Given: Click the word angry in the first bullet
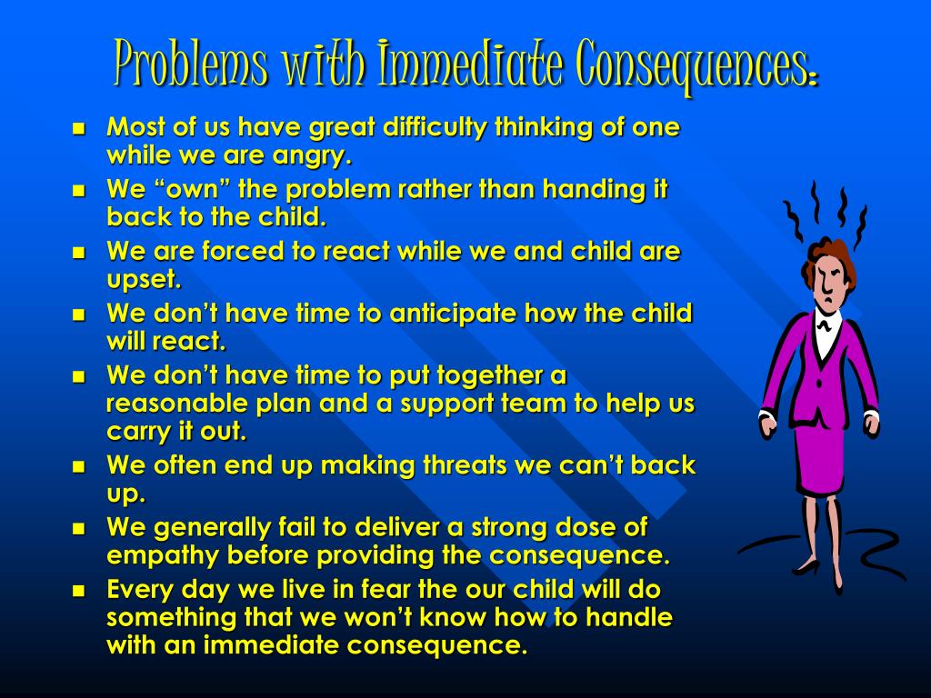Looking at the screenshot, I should click(311, 156).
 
